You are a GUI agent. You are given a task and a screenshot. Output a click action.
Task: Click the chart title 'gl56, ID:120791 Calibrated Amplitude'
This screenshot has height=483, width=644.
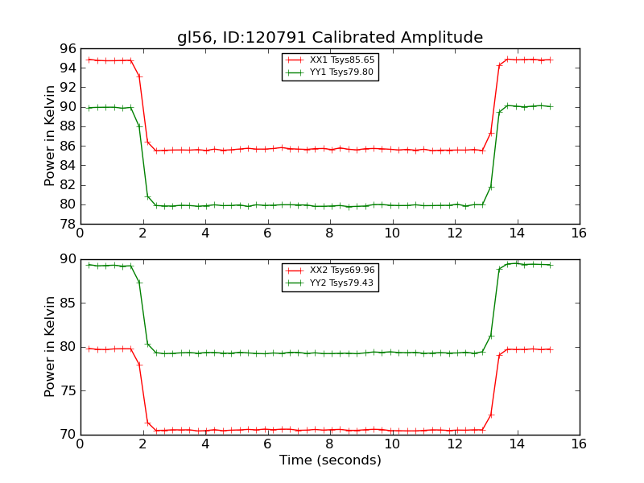coord(330,38)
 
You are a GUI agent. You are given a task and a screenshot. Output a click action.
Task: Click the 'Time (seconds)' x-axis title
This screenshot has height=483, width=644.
coord(330,460)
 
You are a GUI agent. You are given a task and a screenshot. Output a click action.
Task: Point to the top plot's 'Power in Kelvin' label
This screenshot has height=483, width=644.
coord(50,136)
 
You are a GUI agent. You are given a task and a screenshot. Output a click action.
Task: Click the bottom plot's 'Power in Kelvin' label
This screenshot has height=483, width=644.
coord(50,347)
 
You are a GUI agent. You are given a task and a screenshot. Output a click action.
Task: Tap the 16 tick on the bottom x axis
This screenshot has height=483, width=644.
coord(579,444)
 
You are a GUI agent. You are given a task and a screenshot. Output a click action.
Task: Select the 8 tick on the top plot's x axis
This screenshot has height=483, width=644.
coord(329,233)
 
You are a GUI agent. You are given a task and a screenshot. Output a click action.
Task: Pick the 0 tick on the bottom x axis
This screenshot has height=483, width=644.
coord(80,444)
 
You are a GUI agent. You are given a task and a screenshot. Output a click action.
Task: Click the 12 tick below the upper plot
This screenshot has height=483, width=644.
coord(454,233)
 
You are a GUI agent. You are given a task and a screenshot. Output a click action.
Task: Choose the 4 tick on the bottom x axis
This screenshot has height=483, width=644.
coord(204,444)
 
